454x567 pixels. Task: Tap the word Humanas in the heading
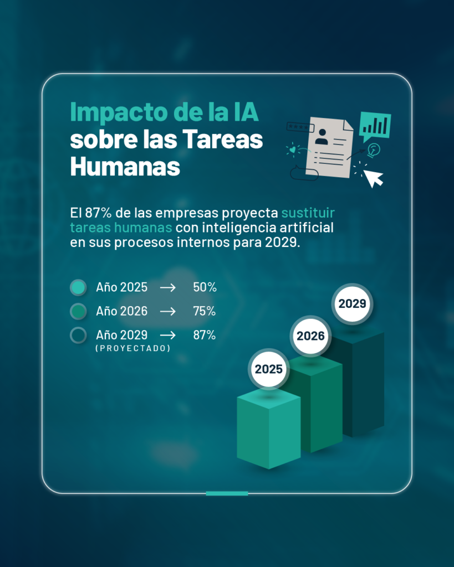coord(125,166)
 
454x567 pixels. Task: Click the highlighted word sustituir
coord(308,213)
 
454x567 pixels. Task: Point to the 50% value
coord(205,287)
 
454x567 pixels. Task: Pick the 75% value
coord(205,311)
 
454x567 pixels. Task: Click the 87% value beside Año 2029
coord(205,335)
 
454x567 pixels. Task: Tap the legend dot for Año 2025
coord(78,287)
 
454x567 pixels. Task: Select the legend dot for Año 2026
coord(78,311)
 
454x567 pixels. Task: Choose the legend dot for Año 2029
coord(78,336)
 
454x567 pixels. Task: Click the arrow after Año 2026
coord(167,311)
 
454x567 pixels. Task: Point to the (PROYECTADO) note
coord(133,348)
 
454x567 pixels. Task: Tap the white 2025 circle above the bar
coord(269,369)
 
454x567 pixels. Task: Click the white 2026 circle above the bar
coord(310,336)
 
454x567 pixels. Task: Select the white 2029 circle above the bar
coord(352,303)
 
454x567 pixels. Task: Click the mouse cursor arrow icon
coord(373,178)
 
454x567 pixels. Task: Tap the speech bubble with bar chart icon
coord(375,126)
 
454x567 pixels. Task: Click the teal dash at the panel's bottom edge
coord(227,493)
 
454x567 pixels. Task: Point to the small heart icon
coord(290,148)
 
